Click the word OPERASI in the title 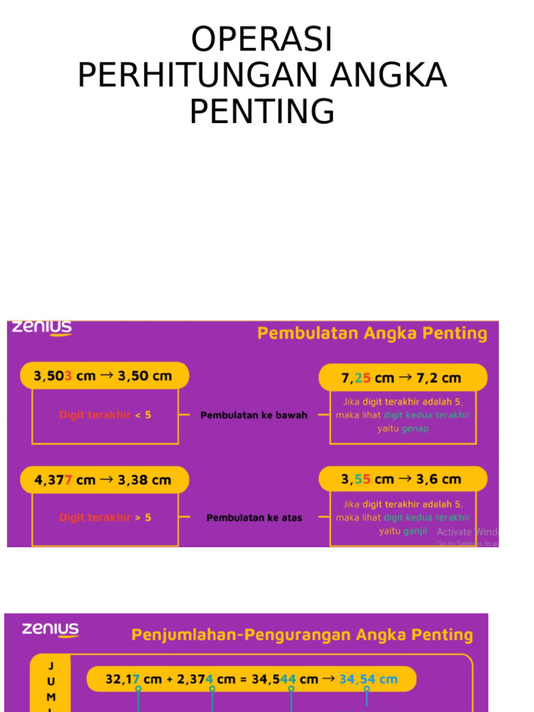pyautogui.click(x=262, y=40)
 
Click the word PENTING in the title pyautogui.click(x=262, y=112)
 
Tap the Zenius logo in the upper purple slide pyautogui.click(x=41, y=327)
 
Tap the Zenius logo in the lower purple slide pyautogui.click(x=50, y=630)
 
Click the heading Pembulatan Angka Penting pyautogui.click(x=372, y=334)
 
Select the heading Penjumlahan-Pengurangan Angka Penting pyautogui.click(x=302, y=635)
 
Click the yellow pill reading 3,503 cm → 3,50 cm pyautogui.click(x=104, y=377)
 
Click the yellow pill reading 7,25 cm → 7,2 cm pyautogui.click(x=403, y=378)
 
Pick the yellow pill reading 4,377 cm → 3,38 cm pyautogui.click(x=104, y=480)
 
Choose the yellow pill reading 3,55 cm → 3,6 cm pyautogui.click(x=403, y=479)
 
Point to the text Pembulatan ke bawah pyautogui.click(x=254, y=415)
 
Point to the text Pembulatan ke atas pyautogui.click(x=254, y=518)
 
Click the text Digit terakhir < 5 pyautogui.click(x=105, y=415)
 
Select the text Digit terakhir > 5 pyautogui.click(x=105, y=517)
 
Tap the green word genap pyautogui.click(x=415, y=428)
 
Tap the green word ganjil pyautogui.click(x=415, y=531)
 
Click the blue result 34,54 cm pyautogui.click(x=369, y=679)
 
